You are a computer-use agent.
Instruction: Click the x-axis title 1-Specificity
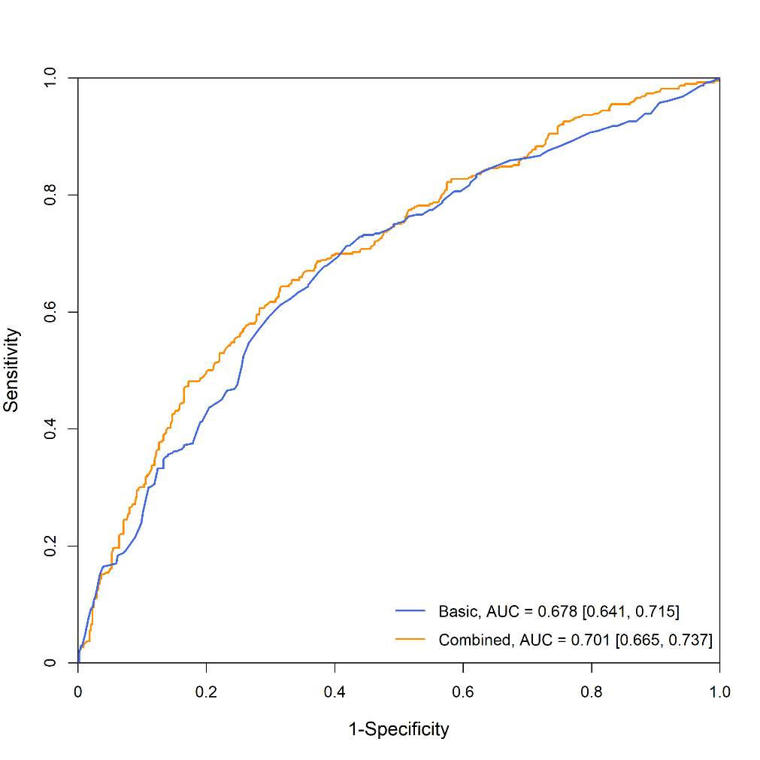tap(398, 729)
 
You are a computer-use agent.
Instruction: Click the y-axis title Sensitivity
tap(11, 369)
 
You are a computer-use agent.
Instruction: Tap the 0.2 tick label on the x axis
tap(206, 692)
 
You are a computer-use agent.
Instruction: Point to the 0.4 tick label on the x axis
tap(335, 692)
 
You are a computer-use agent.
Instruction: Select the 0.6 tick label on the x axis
tap(463, 692)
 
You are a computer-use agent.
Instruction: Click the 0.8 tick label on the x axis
tap(592, 692)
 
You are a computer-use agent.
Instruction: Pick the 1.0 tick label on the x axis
tap(719, 692)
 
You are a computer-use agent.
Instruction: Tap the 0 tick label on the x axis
tap(78, 692)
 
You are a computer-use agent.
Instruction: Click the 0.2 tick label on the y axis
tap(50, 546)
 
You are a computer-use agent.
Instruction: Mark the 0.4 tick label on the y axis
tap(50, 428)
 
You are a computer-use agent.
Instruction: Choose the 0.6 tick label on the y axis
tap(50, 312)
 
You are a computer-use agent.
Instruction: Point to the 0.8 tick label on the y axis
tap(50, 195)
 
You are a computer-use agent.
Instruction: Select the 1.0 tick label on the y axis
tap(50, 78)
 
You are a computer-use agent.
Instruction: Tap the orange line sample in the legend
tap(410, 640)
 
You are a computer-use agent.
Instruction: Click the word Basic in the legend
tap(457, 612)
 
